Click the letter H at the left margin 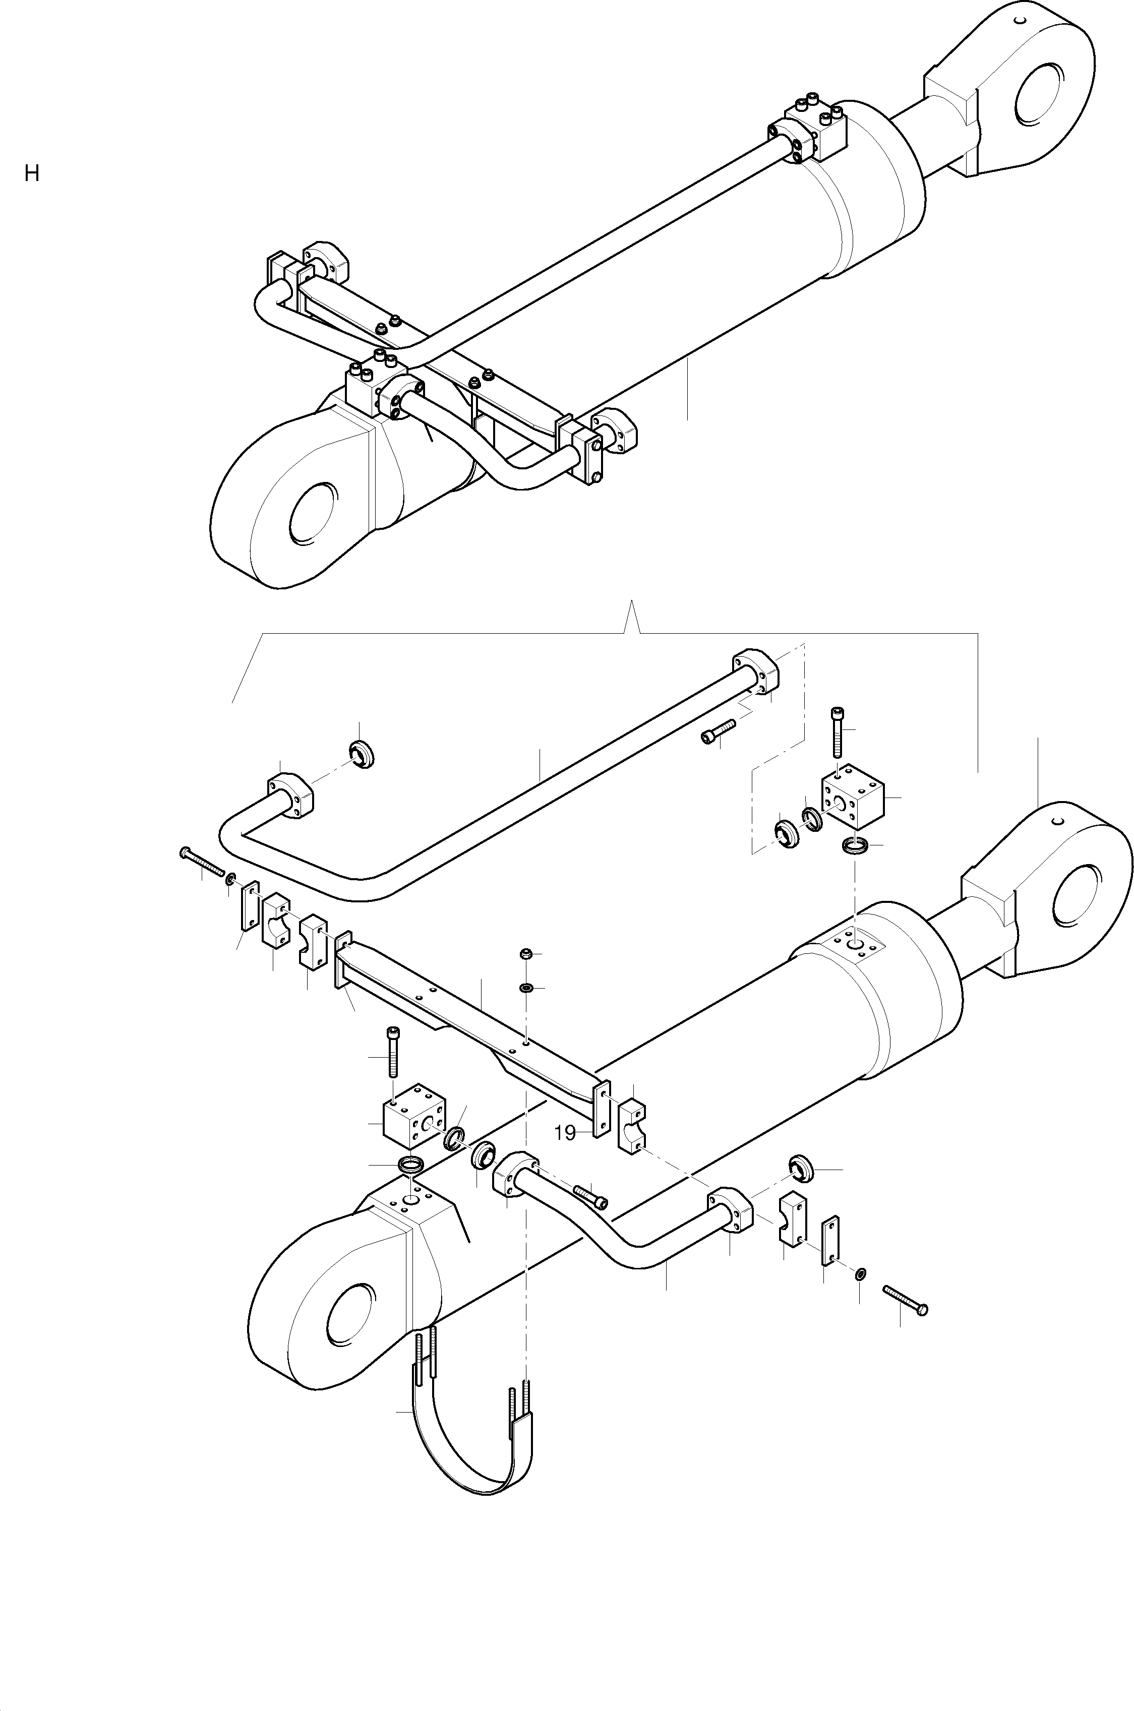31,173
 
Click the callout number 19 564,1133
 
